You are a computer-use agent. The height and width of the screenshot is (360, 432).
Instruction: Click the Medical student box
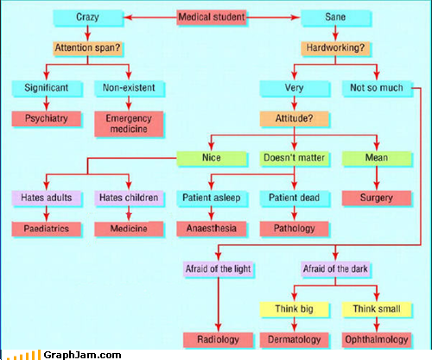[212, 17]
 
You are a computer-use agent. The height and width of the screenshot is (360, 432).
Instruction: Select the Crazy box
[88, 17]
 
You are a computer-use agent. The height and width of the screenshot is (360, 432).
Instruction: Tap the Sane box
[335, 17]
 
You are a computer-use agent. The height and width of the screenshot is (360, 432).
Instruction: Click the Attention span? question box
[87, 48]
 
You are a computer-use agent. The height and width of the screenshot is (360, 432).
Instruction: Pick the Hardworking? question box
[335, 48]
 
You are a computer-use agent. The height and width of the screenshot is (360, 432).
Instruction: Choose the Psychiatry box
[47, 118]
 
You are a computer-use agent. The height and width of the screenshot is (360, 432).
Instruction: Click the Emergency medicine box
[129, 123]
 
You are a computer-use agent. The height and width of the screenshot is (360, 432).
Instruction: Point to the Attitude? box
[294, 118]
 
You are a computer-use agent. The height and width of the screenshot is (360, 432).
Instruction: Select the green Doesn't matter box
[294, 158]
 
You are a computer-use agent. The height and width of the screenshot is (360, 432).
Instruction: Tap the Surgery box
[377, 198]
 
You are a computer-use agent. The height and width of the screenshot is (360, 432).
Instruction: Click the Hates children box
[129, 198]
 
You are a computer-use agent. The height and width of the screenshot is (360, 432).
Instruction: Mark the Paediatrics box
[47, 229]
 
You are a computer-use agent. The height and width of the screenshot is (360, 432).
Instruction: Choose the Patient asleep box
[212, 198]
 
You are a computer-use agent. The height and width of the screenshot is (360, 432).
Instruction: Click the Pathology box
[294, 229]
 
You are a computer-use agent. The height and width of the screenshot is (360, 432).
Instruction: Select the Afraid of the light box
[219, 269]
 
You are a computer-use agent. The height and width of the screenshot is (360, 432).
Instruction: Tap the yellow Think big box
[294, 309]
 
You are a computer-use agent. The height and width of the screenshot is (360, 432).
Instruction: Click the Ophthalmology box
[377, 340]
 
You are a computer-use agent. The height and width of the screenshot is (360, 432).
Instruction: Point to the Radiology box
[219, 340]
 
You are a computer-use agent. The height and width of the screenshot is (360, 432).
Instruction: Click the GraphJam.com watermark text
[82, 355]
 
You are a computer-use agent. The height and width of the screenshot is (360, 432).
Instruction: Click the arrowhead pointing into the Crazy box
[128, 17]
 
